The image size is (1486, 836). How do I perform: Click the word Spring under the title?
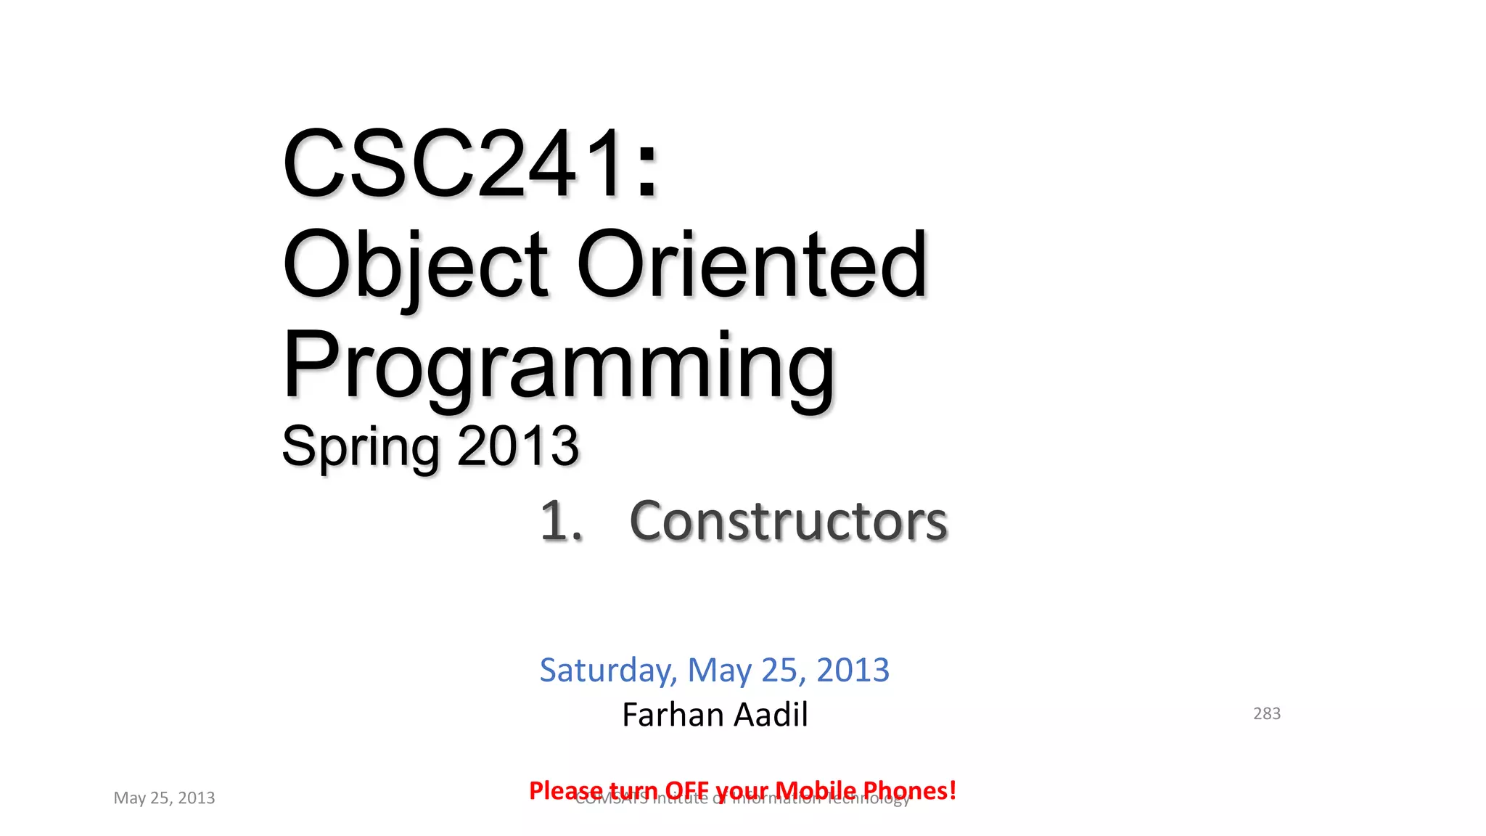(x=360, y=447)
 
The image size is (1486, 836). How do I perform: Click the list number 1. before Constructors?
(x=561, y=521)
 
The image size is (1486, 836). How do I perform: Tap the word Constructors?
(x=788, y=521)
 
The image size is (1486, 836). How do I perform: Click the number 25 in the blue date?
(x=781, y=670)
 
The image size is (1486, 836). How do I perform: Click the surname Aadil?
(x=771, y=715)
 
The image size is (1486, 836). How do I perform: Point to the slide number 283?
(x=1267, y=713)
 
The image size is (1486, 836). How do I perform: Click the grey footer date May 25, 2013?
(x=164, y=798)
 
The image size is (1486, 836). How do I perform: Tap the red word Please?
(x=566, y=790)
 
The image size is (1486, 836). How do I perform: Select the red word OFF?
(x=687, y=790)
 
